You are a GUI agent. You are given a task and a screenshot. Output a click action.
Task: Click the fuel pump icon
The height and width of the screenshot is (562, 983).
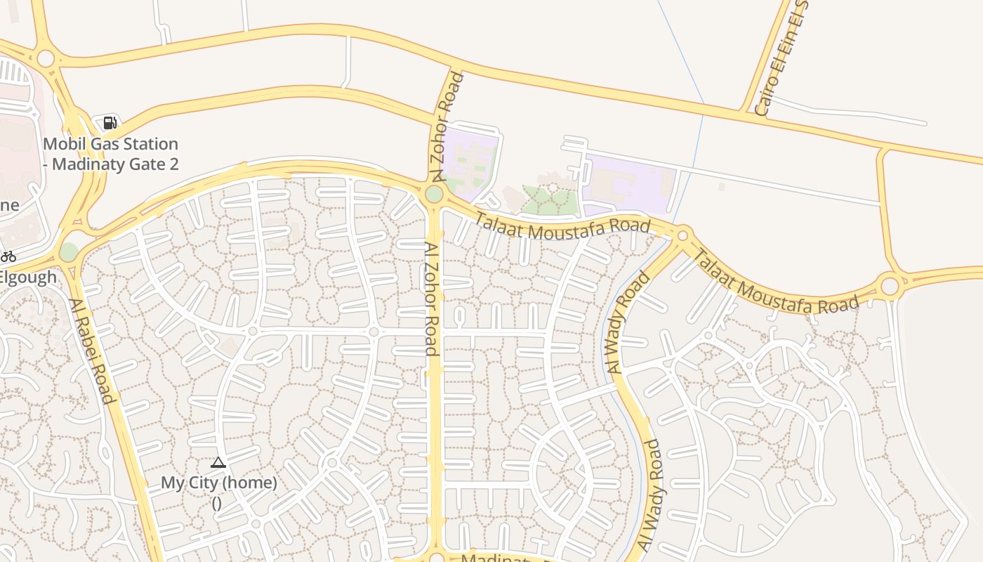[x=110, y=123]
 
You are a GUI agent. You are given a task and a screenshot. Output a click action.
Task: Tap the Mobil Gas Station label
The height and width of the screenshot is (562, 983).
[x=111, y=154]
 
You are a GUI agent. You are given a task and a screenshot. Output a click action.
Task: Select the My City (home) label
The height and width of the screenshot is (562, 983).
[x=218, y=483]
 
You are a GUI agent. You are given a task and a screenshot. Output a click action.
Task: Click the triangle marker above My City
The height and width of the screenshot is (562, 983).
[x=218, y=462]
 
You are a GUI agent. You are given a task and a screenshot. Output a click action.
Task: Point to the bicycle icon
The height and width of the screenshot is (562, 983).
[x=8, y=256]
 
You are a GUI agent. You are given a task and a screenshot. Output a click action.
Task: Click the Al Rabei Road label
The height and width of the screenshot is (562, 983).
[x=92, y=351]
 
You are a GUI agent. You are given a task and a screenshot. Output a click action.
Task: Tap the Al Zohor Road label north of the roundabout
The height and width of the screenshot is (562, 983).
[x=447, y=126]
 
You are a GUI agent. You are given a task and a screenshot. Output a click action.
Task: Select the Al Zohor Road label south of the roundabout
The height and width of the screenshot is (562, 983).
[x=433, y=299]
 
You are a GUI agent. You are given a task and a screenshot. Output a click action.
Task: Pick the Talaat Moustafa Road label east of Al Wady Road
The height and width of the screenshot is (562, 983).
[x=775, y=283]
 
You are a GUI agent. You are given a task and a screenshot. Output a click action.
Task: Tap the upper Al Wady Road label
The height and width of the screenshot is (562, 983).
[x=627, y=323]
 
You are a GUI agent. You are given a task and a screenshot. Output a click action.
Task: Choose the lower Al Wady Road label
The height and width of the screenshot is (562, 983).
[x=650, y=495]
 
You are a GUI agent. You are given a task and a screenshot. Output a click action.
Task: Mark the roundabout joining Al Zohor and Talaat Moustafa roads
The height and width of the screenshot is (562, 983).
[x=434, y=193]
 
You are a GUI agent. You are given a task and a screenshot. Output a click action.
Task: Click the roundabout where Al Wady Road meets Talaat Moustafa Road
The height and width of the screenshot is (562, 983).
[x=682, y=234]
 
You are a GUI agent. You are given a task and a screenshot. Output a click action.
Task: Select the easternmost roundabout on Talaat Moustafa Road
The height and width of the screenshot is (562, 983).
[x=890, y=286]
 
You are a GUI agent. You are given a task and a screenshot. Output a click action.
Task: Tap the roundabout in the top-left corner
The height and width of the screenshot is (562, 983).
[x=46, y=58]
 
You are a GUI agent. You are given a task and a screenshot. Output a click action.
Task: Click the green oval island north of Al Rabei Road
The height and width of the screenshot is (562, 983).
[x=69, y=251]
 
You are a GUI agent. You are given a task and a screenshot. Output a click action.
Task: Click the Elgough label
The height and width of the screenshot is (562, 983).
[x=28, y=277]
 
